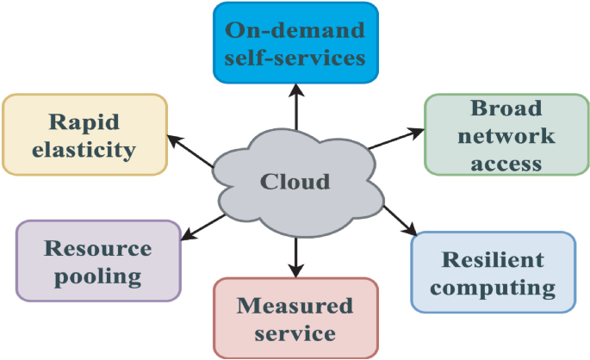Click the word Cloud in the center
[295, 182]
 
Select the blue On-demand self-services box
[295, 43]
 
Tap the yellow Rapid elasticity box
[84, 135]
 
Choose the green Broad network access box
[506, 134]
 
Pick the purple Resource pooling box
[97, 261]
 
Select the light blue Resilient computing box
[493, 272]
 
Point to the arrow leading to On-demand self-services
[295, 108]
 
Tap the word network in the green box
[506, 135]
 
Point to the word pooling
[97, 276]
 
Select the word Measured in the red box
[295, 305]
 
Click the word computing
[493, 287]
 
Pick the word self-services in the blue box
[295, 58]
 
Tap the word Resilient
[493, 259]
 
